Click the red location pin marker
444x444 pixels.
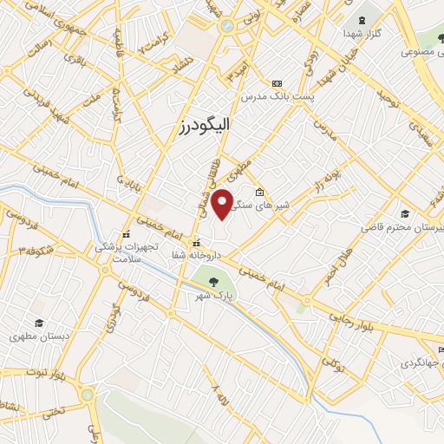tap(224, 203)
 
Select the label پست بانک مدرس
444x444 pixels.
tap(277, 95)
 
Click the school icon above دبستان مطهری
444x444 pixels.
tap(38, 322)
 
